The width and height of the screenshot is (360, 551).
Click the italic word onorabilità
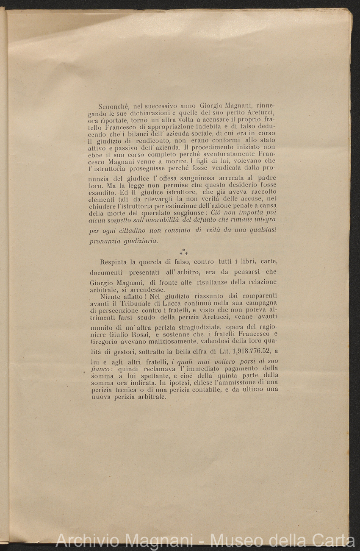pyautogui.click(x=157, y=220)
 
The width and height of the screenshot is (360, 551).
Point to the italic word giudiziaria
pyautogui.click(x=140, y=241)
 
